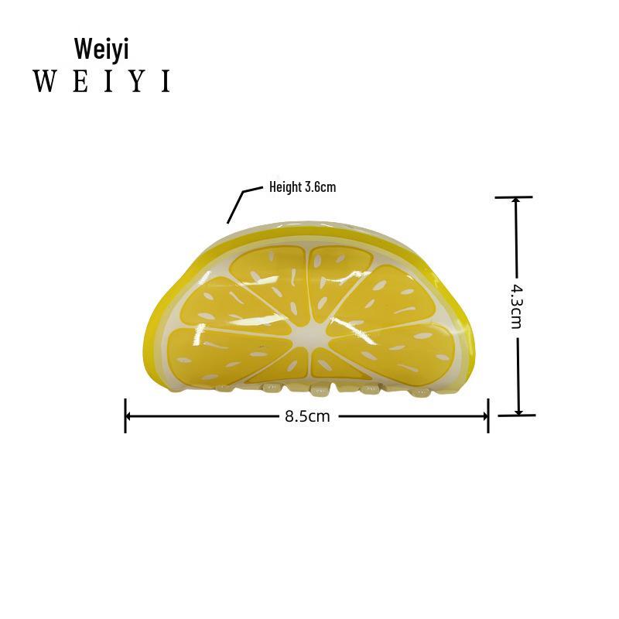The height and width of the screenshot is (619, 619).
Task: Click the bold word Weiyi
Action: [x=101, y=48]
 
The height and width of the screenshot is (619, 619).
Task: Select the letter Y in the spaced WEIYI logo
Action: [x=138, y=81]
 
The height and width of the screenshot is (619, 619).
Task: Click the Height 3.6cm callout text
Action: [x=303, y=186]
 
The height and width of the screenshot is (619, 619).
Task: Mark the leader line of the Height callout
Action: [x=238, y=203]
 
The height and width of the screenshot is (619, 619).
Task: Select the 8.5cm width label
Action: [x=307, y=416]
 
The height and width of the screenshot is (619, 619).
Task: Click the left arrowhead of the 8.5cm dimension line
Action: [x=130, y=416]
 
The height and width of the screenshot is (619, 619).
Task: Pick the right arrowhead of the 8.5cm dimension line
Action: [x=484, y=416]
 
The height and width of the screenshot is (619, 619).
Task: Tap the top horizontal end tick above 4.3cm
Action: [x=513, y=197]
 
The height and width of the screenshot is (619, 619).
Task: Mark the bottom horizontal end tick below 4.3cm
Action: [x=517, y=416]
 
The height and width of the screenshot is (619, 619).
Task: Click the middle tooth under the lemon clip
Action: [x=320, y=388]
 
